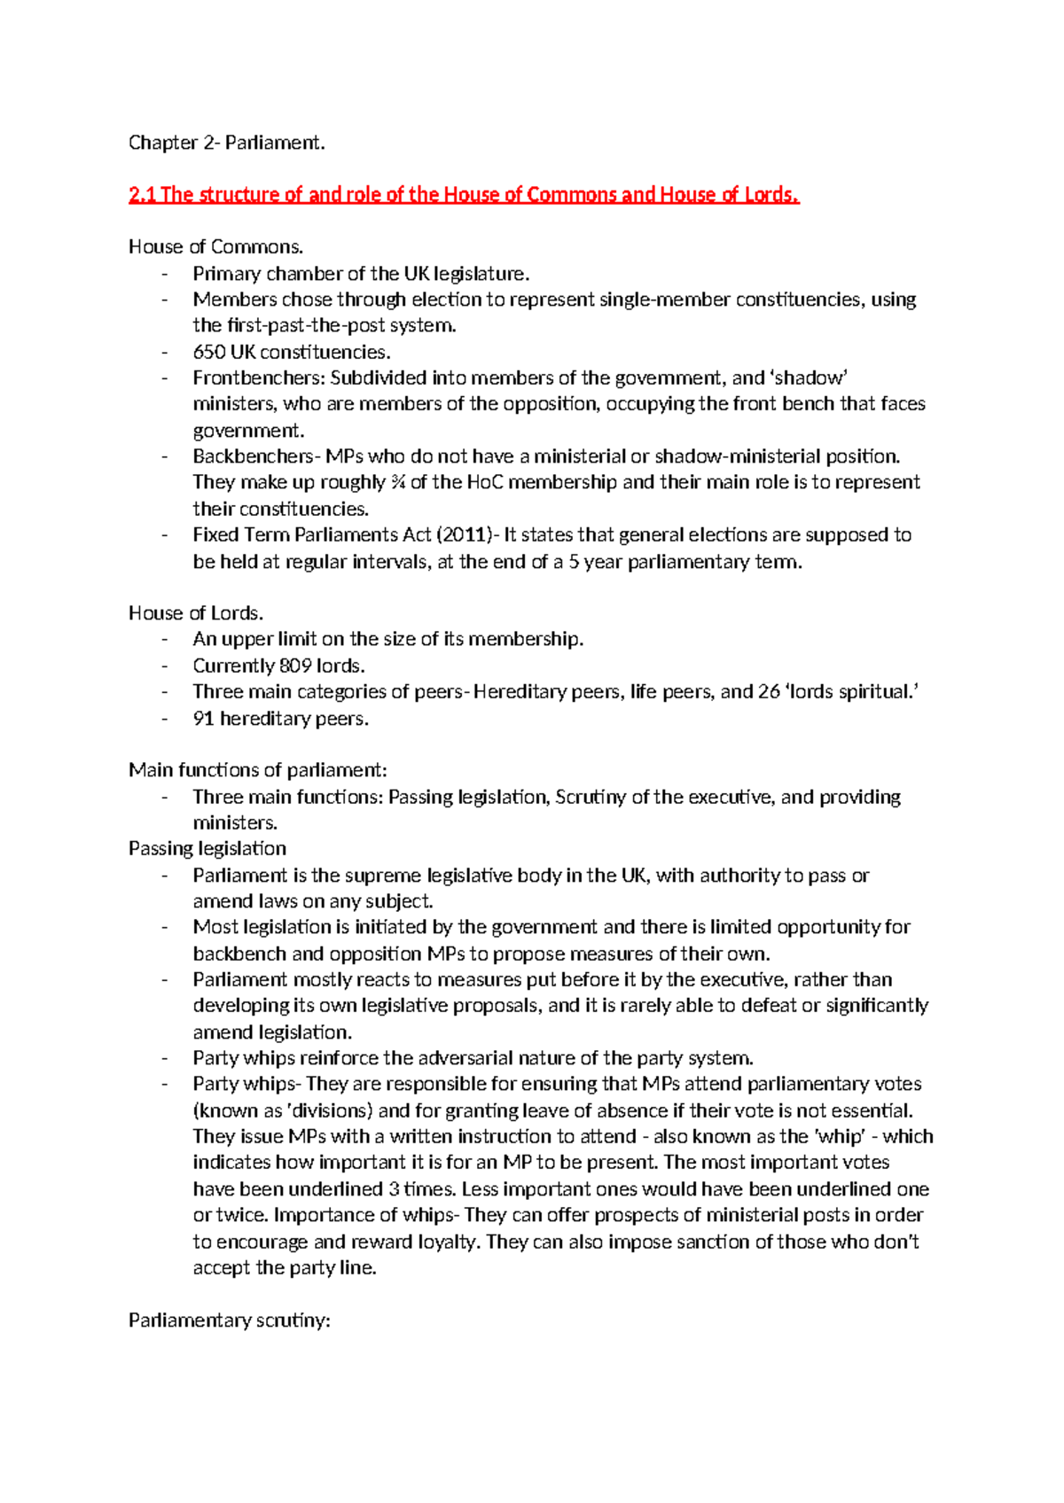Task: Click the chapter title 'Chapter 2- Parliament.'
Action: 227,143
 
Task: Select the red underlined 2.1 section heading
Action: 464,195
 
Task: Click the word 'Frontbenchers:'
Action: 259,378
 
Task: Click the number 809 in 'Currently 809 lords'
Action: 295,666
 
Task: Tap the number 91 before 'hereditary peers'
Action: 203,719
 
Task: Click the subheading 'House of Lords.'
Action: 196,613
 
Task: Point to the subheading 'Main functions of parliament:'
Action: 258,770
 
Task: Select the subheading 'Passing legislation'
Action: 207,849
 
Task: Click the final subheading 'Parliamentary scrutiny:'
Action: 230,1320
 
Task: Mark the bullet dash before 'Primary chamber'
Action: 165,275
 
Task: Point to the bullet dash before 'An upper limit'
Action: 165,640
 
